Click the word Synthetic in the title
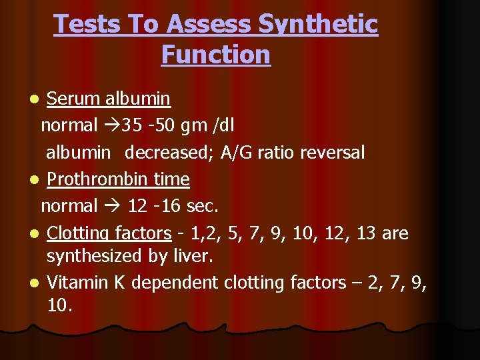point(317,25)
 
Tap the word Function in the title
point(215,54)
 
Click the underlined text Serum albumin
point(109,99)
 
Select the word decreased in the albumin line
point(169,153)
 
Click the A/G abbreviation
point(240,153)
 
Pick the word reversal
point(332,153)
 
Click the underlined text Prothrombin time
point(119,179)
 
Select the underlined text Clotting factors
point(109,233)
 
